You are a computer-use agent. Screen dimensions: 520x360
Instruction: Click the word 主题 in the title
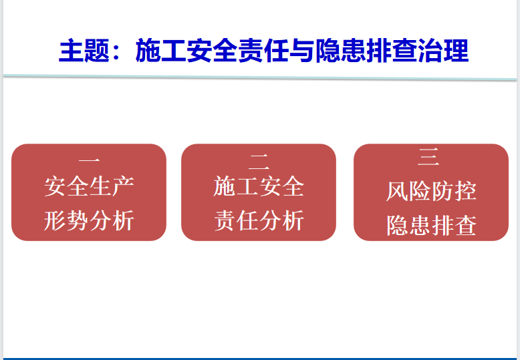tap(84, 51)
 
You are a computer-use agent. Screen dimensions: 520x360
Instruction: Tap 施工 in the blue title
tap(160, 51)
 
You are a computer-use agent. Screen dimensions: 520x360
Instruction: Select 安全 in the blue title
tap(212, 51)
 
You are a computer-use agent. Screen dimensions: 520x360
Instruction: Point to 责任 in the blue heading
tap(263, 51)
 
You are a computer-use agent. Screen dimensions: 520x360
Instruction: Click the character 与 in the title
tap(302, 51)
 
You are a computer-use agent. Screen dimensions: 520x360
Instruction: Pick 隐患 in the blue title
tap(341, 51)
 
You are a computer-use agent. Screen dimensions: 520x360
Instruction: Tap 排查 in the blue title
tap(392, 51)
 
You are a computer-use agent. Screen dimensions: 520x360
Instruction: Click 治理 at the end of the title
tap(443, 51)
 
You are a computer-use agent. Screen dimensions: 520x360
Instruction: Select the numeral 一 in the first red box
tap(89, 161)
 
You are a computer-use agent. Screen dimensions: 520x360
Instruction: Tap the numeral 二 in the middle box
tap(259, 160)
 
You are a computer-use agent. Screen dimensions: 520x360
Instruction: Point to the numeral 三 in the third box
tap(429, 157)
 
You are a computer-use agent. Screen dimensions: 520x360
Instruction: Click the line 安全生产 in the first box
tap(89, 186)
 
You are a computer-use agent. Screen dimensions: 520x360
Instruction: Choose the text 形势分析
tap(89, 220)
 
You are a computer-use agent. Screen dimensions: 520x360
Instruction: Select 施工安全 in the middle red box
tap(259, 186)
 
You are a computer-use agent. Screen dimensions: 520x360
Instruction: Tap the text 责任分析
tap(259, 220)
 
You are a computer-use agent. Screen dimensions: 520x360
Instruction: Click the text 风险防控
tap(431, 191)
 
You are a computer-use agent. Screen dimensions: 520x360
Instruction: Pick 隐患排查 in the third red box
tap(431, 225)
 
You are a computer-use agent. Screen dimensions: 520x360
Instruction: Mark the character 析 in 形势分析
tap(123, 220)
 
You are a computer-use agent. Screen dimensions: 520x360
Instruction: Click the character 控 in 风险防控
tap(466, 191)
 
